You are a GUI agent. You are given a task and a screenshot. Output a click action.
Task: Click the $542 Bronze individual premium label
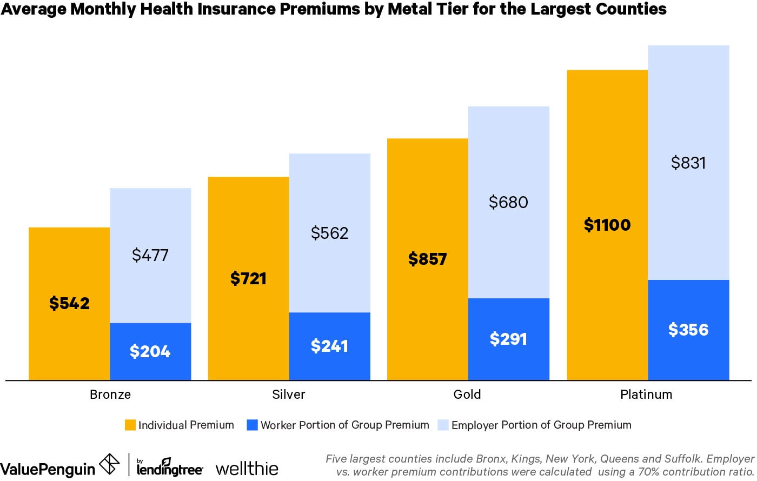coord(69,303)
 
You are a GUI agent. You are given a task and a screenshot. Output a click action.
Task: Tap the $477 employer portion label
coord(150,255)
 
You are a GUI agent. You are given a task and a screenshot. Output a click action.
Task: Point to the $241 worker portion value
coord(329,346)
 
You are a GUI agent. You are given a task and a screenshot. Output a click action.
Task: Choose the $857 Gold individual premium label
coord(427,259)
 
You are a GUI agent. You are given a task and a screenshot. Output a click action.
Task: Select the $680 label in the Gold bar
coord(508,202)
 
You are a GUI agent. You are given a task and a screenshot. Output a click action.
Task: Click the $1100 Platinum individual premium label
coord(607,225)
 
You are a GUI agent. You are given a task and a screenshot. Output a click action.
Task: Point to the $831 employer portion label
coord(688,163)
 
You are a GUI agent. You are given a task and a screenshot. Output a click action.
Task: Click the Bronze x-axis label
coord(110,395)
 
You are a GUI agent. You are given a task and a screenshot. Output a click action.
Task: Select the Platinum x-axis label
coord(646,395)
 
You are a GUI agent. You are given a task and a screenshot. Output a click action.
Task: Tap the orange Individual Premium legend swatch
coord(130,425)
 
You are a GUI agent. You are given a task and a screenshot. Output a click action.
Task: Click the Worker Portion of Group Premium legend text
coord(344,425)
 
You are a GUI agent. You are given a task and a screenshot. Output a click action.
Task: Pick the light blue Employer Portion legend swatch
coord(443,425)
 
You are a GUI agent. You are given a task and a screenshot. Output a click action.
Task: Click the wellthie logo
coord(247,468)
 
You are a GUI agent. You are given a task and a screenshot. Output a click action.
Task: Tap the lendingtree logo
coord(169,468)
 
